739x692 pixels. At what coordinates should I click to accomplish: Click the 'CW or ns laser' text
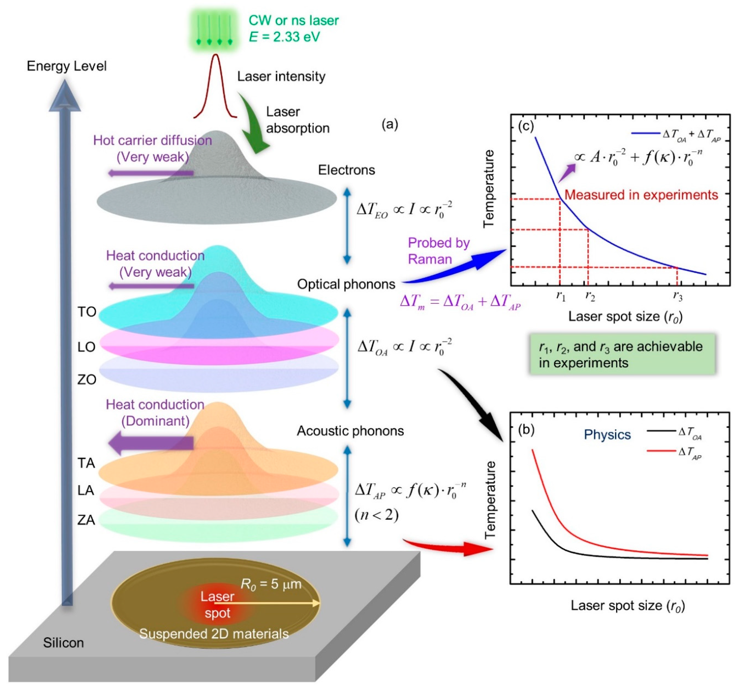point(293,20)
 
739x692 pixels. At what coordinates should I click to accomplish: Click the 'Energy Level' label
point(66,66)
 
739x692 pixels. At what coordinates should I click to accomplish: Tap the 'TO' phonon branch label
point(87,312)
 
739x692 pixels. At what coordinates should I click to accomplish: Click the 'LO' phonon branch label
point(86,347)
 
